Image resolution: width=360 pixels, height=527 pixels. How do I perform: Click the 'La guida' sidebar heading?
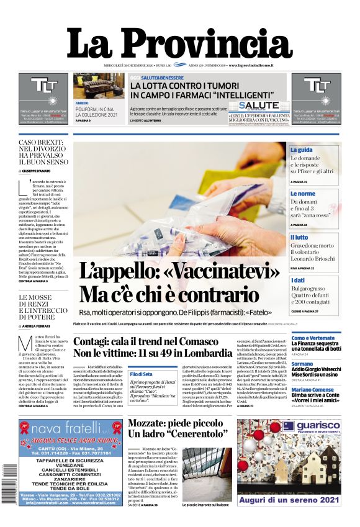tap(302, 150)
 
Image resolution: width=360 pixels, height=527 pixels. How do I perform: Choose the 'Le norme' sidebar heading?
tap(304, 194)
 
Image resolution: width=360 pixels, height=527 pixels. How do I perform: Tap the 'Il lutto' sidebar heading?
tap(300, 237)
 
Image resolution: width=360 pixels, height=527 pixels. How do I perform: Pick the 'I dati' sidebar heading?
tap(299, 281)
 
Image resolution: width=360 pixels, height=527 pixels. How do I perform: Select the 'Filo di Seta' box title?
tap(142, 374)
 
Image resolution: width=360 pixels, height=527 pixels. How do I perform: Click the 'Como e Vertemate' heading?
tap(312, 338)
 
